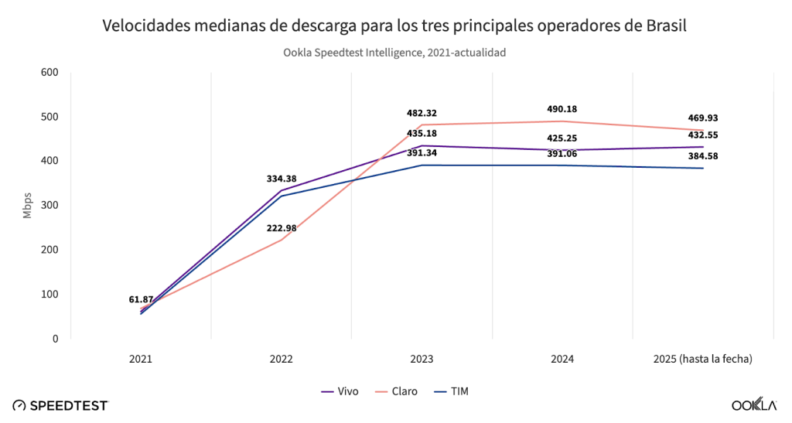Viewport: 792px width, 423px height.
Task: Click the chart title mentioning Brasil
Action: point(394,26)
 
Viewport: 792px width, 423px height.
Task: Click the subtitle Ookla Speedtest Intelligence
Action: point(394,53)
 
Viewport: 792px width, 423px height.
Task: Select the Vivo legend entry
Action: point(340,391)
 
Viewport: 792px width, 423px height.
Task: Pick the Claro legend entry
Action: point(396,391)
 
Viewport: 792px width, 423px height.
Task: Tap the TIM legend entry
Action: point(452,391)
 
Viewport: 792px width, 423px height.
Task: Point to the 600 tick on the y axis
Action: point(49,73)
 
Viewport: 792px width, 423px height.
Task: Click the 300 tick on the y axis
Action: point(49,206)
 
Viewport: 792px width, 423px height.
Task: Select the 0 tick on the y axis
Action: point(55,339)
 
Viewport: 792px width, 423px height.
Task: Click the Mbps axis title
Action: point(28,206)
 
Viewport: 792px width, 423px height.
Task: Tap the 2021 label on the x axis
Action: point(141,360)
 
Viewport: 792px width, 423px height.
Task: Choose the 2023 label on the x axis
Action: point(422,360)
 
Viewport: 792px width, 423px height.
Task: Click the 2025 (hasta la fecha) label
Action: point(702,360)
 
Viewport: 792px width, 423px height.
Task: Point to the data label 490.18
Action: point(562,109)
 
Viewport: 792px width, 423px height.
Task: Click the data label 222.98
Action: point(281,228)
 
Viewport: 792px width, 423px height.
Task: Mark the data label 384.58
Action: point(703,156)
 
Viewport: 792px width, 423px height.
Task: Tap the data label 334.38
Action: point(281,179)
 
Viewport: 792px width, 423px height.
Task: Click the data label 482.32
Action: point(422,113)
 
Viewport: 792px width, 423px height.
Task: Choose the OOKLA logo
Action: point(753,405)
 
